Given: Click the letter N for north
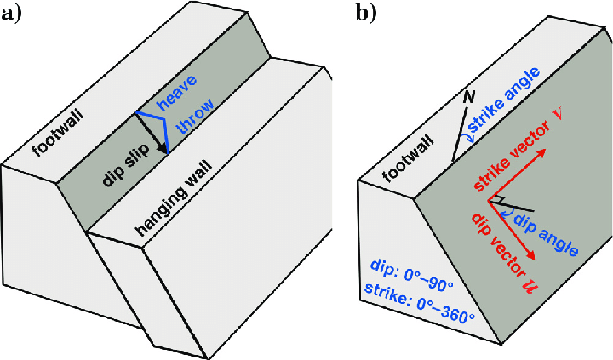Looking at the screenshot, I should tap(467, 97).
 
